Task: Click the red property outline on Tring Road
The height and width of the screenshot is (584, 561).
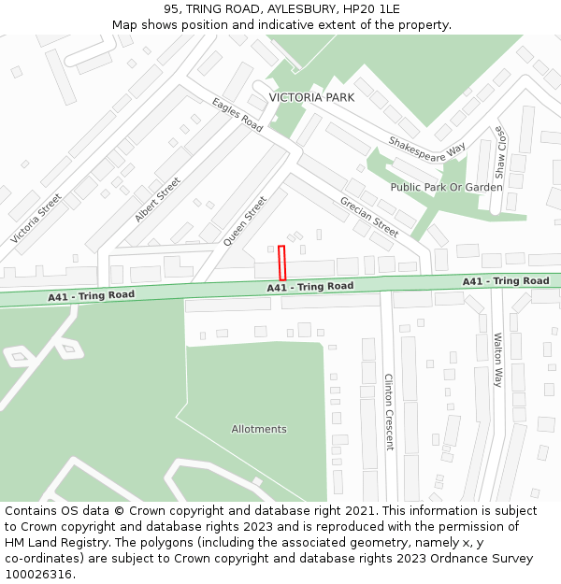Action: pos(281,263)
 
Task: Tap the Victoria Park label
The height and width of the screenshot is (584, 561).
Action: pos(311,97)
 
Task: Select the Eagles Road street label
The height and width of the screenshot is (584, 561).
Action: pos(237,115)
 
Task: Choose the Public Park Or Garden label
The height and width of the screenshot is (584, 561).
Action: pos(446,187)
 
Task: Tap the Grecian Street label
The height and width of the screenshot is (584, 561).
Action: pos(369,217)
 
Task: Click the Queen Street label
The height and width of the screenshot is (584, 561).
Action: pos(245,221)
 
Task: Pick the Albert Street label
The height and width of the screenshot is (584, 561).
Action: pos(157,200)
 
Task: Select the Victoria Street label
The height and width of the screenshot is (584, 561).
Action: pos(36,219)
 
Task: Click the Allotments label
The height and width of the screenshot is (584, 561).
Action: pos(259,429)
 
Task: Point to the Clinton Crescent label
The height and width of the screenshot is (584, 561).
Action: pos(389,412)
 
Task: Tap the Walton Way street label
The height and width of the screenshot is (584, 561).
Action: pos(497,360)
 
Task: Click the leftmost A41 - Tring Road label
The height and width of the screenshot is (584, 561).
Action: pos(92,295)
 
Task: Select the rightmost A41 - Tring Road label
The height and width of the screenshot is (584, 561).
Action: pos(506,280)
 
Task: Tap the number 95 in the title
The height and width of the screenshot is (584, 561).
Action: pos(170,8)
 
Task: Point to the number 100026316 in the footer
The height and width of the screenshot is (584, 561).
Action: pos(38,574)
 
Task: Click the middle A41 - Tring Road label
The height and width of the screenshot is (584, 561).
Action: pos(309,287)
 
